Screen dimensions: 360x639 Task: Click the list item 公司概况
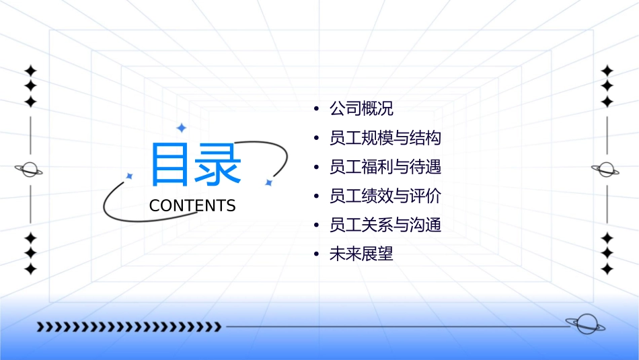361,108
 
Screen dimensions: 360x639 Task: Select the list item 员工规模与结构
385,138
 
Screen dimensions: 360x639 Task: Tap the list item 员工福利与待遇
385,167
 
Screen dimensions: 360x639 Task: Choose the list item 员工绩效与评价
385,196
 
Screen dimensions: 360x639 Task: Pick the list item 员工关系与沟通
385,225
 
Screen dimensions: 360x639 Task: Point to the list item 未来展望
361,254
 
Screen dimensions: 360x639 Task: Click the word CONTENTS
192,206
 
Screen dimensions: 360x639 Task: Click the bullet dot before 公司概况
315,109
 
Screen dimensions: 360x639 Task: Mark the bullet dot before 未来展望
315,255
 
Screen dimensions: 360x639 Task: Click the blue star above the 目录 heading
181,128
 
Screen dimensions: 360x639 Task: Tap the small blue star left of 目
129,176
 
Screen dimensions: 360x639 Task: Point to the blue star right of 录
268,182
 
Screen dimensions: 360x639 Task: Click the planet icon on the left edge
30,170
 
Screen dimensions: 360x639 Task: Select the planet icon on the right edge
607,170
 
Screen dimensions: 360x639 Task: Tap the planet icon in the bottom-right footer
584,324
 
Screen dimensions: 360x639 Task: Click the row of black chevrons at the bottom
128,327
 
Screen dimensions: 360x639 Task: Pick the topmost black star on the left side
30,71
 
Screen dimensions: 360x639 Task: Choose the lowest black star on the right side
607,269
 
